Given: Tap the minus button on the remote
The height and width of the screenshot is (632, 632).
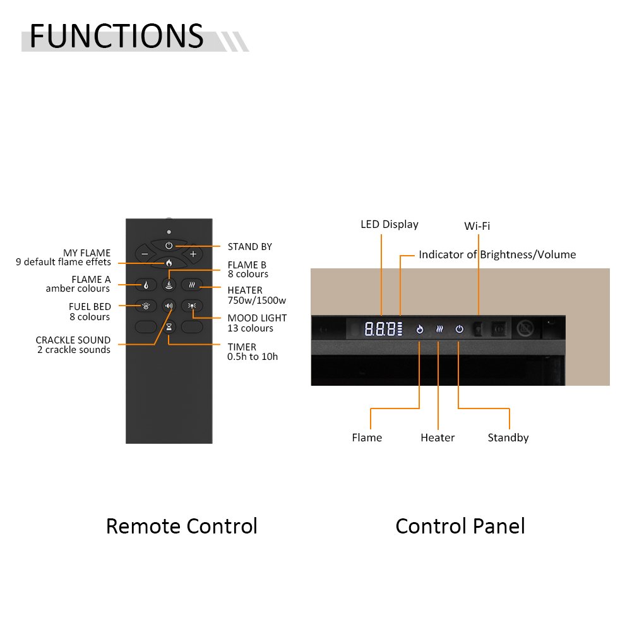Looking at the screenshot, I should point(145,254).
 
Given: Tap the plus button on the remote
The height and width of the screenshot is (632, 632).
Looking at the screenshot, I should point(193,254).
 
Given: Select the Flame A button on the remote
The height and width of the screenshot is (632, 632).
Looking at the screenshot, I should point(146,285).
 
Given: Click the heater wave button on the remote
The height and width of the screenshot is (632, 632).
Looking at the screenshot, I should point(192,285).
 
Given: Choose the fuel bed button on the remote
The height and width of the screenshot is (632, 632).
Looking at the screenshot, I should point(146,306).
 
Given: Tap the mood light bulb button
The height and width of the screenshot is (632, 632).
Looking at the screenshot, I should point(192,306).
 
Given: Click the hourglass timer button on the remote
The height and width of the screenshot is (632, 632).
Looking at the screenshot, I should point(169,327).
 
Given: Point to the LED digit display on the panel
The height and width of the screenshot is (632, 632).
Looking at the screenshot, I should point(381,329).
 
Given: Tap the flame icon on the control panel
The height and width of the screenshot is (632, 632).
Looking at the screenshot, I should point(419,329).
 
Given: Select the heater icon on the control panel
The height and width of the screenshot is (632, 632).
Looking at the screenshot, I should point(439,329).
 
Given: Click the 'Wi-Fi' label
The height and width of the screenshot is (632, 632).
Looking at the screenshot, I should point(477,226).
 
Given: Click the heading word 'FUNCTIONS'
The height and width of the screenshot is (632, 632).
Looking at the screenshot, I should point(117,37).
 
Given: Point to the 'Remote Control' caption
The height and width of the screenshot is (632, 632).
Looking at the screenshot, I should point(181,526).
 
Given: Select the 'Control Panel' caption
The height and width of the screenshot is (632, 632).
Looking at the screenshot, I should point(460,526).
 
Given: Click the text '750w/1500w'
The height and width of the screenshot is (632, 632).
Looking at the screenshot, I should point(256,300).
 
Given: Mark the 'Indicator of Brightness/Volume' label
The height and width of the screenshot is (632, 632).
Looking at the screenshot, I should point(497,254).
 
